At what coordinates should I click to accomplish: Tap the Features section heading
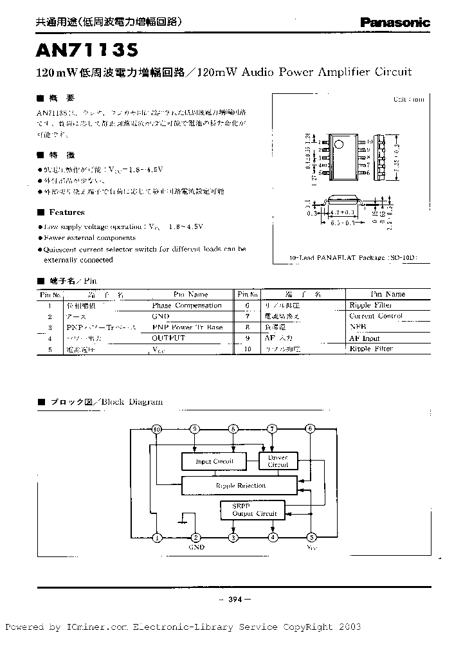point(66,212)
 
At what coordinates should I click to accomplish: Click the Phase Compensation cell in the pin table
point(186,306)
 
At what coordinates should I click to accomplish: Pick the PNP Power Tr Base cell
point(187,327)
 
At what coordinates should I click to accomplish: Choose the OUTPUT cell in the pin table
point(168,338)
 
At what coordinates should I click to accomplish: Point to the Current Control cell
point(376,316)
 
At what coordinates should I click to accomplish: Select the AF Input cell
point(364,338)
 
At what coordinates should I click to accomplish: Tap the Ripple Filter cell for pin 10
point(370,349)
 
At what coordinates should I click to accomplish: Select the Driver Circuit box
point(278,461)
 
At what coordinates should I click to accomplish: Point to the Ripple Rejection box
point(241,486)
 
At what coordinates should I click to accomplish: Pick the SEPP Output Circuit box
point(254,510)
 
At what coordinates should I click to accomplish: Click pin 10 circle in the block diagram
point(156,429)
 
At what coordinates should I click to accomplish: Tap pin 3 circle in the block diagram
point(234,537)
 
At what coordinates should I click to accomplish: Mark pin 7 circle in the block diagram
point(273,429)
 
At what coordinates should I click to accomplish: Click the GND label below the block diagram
point(196,547)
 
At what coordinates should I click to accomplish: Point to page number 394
point(233,600)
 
